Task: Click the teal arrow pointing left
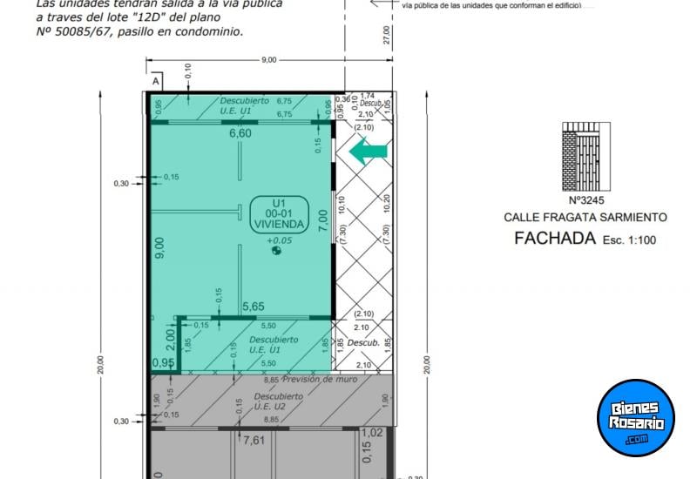pyautogui.click(x=367, y=152)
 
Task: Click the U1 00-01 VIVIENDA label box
pyautogui.click(x=279, y=214)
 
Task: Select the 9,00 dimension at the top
pyautogui.click(x=268, y=59)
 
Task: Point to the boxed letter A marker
pyautogui.click(x=156, y=81)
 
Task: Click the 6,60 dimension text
pyautogui.click(x=240, y=133)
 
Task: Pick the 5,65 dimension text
pyautogui.click(x=254, y=307)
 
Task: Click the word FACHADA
pyautogui.click(x=554, y=238)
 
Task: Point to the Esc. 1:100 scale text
pyautogui.click(x=628, y=239)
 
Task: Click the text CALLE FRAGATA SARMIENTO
pyautogui.click(x=585, y=217)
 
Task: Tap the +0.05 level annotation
pyautogui.click(x=280, y=239)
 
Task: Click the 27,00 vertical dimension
pyautogui.click(x=387, y=35)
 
